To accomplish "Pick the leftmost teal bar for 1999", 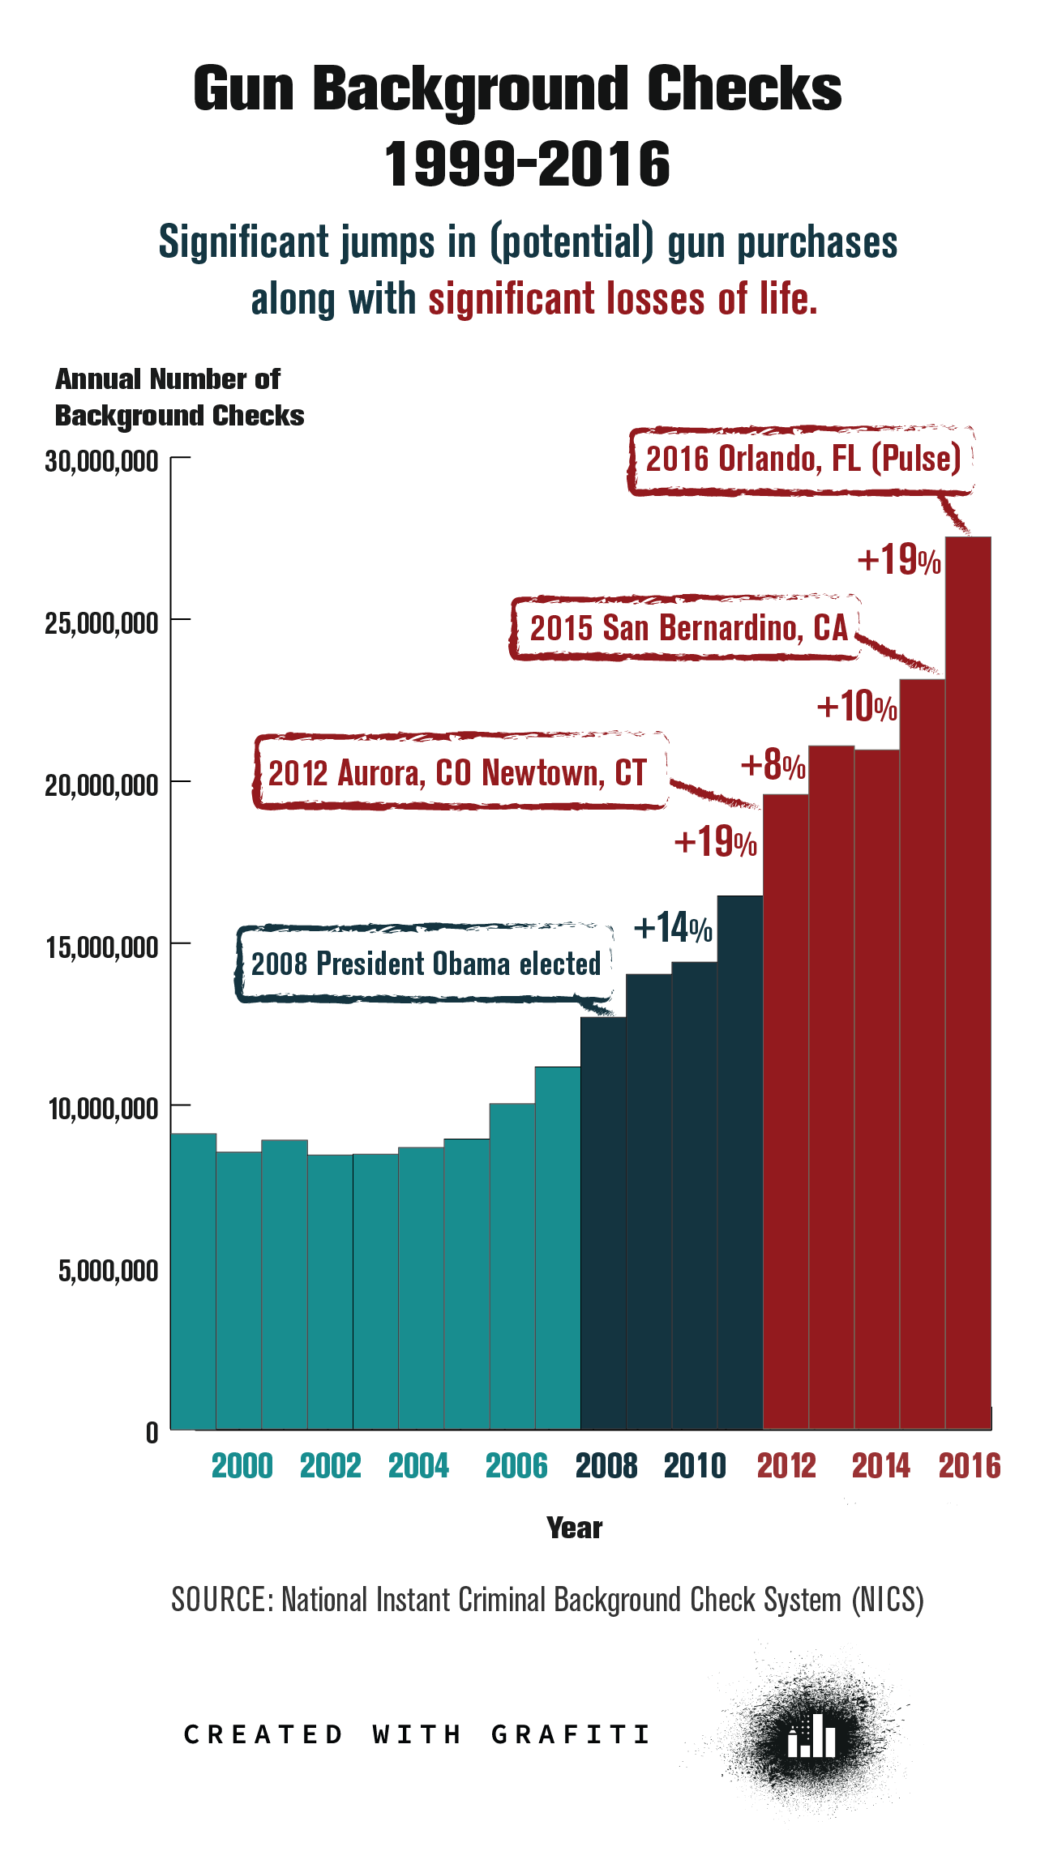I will [193, 1280].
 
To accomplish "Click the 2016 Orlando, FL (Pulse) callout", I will [803, 460].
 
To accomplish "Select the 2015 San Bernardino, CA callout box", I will [687, 628].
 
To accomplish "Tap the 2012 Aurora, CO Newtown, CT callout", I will [458, 772].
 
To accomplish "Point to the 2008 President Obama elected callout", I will [426, 964].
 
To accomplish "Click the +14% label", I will [673, 928].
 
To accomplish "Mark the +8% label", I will [773, 765].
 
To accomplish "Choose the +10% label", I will [857, 707].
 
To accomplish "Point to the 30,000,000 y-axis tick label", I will [101, 461].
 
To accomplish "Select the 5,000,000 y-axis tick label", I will [108, 1270].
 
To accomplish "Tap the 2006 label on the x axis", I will [516, 1466].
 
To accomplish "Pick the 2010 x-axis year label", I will [695, 1466].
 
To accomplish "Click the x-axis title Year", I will [574, 1528].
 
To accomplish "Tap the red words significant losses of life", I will [623, 299].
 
